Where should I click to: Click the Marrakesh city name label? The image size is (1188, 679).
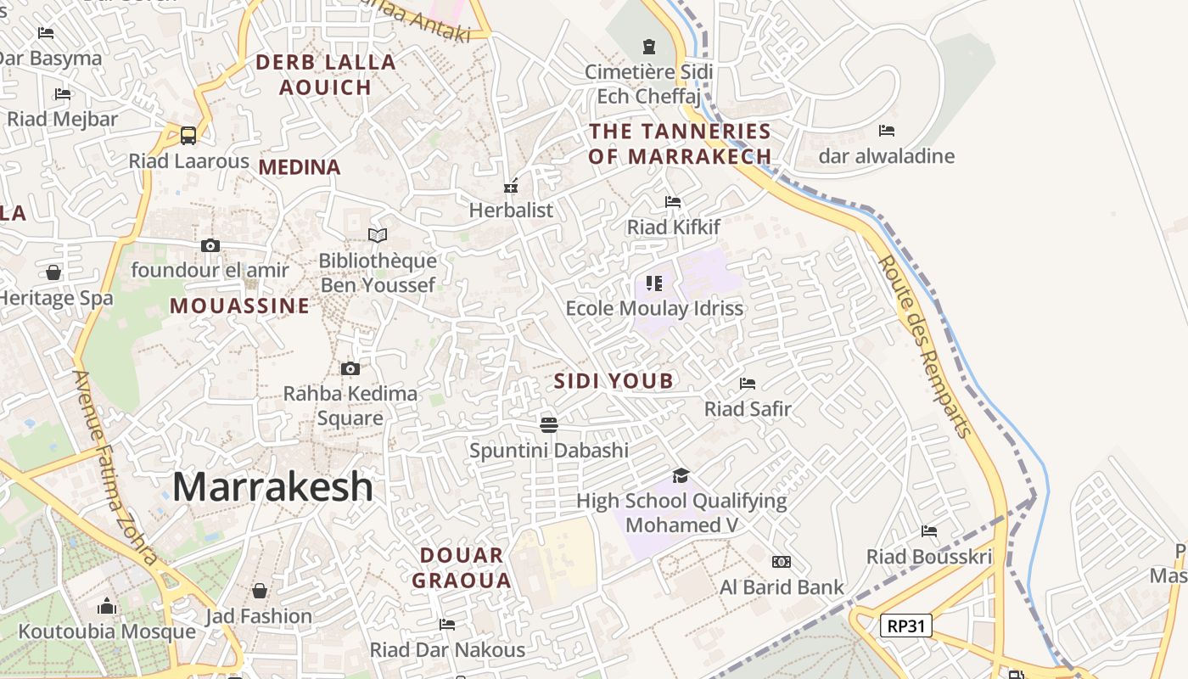[x=272, y=487]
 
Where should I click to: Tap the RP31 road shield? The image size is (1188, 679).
[x=905, y=626]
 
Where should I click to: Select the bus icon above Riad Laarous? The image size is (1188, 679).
[x=188, y=136]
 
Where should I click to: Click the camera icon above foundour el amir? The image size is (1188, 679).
[x=210, y=246]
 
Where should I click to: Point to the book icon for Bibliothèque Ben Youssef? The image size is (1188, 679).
[x=378, y=235]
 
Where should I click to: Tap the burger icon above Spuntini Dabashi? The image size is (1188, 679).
[x=549, y=424]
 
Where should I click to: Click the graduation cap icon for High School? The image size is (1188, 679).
[x=681, y=475]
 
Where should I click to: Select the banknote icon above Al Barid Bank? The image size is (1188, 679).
[x=782, y=562]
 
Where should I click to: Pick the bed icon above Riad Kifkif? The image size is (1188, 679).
[x=673, y=202]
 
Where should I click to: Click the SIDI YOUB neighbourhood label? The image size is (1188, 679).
[x=614, y=381]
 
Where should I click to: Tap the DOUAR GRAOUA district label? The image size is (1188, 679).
[x=466, y=568]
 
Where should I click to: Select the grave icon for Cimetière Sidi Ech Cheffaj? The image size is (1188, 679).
[x=649, y=46]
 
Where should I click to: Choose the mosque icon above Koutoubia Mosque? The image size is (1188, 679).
[x=107, y=606]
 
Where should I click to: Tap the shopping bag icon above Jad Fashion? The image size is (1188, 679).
[x=260, y=591]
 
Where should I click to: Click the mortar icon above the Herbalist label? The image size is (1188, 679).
[x=511, y=186]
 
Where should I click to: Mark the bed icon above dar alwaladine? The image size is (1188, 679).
[x=887, y=131]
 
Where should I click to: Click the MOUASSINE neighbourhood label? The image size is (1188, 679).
[x=240, y=306]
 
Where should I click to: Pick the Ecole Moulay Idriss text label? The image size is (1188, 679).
[x=654, y=308]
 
